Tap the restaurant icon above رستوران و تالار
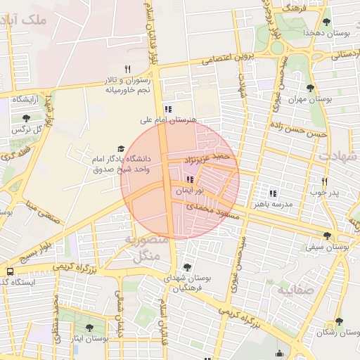click(x=127, y=69)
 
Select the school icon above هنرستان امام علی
click(x=167, y=109)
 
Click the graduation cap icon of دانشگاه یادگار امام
click(x=121, y=148)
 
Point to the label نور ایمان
click(x=190, y=190)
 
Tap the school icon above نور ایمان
click(x=190, y=179)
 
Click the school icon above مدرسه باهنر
click(x=273, y=193)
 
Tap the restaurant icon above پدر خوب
click(x=324, y=181)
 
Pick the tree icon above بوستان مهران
click(x=310, y=88)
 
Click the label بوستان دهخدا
click(x=323, y=33)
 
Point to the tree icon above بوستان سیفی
click(x=327, y=236)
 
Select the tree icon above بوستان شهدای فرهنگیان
click(x=187, y=266)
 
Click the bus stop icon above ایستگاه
click(x=10, y=271)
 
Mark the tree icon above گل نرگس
click(x=27, y=118)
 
